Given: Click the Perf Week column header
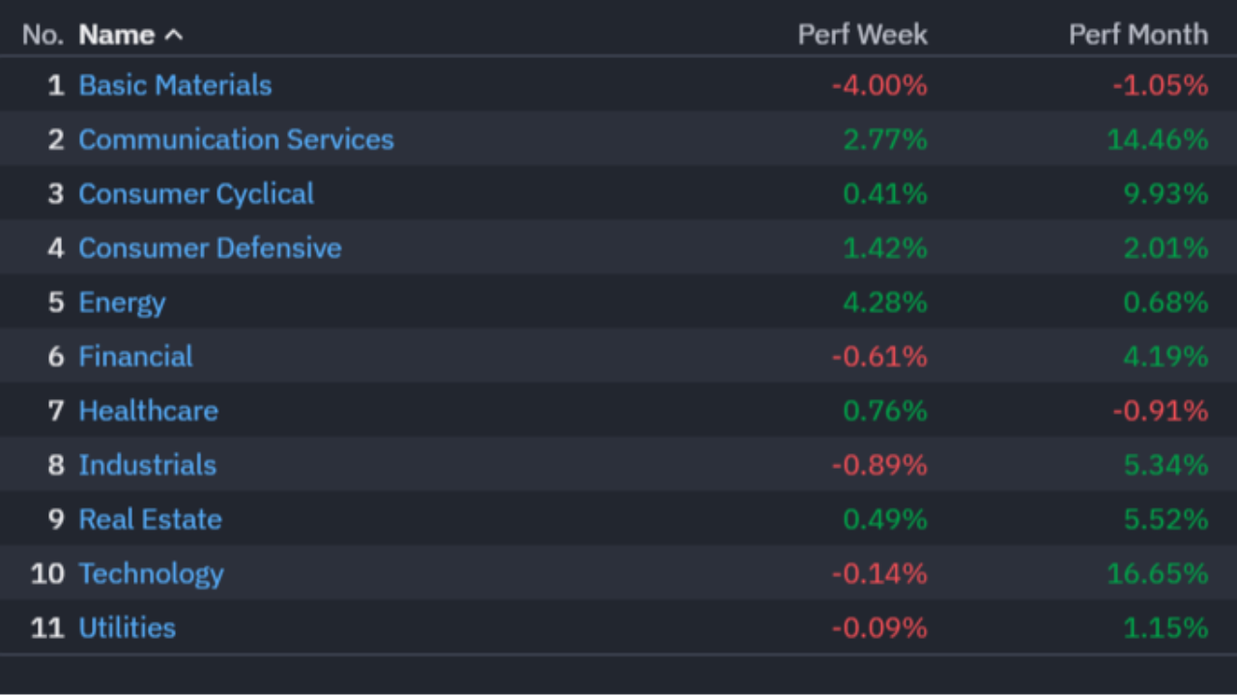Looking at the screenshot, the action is (x=863, y=35).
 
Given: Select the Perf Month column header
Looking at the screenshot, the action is (x=1138, y=35).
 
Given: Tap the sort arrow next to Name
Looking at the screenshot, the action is (x=174, y=36).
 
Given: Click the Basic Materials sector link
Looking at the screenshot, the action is (x=175, y=86).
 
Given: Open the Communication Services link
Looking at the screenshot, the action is (x=237, y=140).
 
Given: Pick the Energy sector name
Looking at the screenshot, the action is (x=122, y=304).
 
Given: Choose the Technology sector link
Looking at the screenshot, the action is (x=152, y=574).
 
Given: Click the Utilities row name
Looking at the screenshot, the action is (x=128, y=628).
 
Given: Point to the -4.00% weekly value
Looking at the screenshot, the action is (x=879, y=86).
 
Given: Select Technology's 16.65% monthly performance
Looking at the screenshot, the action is (x=1158, y=574).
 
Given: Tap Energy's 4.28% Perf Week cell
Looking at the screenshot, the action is (x=885, y=303).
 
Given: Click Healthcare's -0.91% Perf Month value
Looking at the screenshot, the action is (x=1161, y=412).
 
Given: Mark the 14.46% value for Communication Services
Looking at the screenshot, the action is (x=1158, y=140).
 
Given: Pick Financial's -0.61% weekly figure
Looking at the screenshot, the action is (x=879, y=357).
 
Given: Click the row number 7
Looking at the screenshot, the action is (x=56, y=412).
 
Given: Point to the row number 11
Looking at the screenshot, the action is (x=47, y=628).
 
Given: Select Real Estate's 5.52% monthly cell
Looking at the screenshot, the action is (x=1165, y=520).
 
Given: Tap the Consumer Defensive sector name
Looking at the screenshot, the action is (x=211, y=248).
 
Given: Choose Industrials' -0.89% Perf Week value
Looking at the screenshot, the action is (x=879, y=466).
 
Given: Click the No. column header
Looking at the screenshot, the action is (x=43, y=36).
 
